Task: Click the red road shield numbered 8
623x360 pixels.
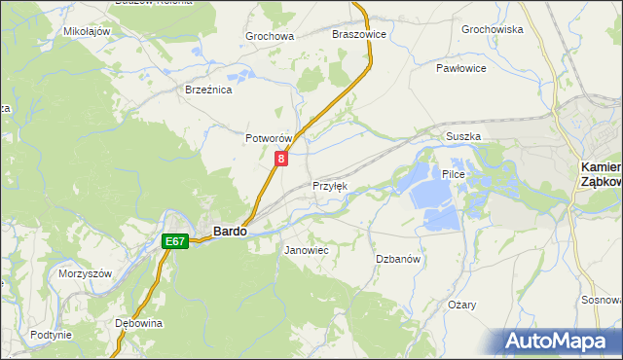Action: click(x=281, y=158)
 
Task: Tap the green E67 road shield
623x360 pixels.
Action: click(x=174, y=240)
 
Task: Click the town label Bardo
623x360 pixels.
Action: click(x=230, y=232)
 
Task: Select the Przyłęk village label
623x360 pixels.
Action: click(x=329, y=186)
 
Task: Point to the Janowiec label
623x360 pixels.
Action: click(x=306, y=251)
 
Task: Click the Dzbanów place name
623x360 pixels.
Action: click(x=397, y=259)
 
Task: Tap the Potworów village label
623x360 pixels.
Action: click(x=269, y=139)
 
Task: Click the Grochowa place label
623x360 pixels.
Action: click(x=270, y=37)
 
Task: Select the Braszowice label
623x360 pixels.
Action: click(x=359, y=34)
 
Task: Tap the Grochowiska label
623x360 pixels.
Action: click(x=493, y=30)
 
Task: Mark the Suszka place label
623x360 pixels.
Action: click(x=463, y=137)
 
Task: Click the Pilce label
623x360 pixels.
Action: click(x=455, y=174)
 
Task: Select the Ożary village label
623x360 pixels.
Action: click(x=461, y=305)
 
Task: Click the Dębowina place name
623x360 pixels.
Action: click(x=138, y=322)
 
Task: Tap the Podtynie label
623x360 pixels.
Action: click(x=51, y=335)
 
